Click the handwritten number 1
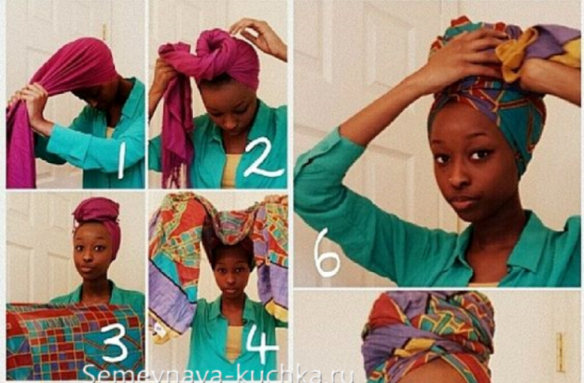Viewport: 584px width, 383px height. [121, 160]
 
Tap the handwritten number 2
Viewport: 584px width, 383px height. [263, 158]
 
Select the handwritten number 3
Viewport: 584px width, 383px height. [115, 342]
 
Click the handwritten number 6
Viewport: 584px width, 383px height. [326, 253]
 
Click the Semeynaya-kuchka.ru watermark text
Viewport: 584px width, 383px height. [218, 374]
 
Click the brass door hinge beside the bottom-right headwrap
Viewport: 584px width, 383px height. [560, 352]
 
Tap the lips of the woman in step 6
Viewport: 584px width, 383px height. [463, 203]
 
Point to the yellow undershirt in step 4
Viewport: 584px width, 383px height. [233, 343]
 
